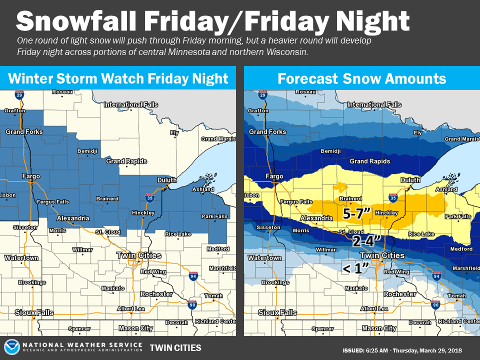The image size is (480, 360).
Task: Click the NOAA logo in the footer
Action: pyautogui.click(x=12, y=347)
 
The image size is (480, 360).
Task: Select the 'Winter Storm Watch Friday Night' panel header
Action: pyautogui.click(x=118, y=78)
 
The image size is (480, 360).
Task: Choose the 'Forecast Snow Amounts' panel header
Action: pyautogui.click(x=362, y=78)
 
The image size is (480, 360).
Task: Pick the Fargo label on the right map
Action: pyautogui.click(x=274, y=176)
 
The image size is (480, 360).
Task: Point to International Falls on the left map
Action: pyautogui.click(x=131, y=104)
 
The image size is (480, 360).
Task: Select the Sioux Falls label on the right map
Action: pyautogui.click(x=277, y=312)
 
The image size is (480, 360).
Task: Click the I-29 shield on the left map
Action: pyautogui.click(x=19, y=94)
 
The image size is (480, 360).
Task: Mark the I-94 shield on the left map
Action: pyautogui.click(x=193, y=276)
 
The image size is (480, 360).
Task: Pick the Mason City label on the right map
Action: pyautogui.click(x=379, y=328)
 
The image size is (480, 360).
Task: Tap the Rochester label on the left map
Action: pyautogui.click(x=156, y=294)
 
